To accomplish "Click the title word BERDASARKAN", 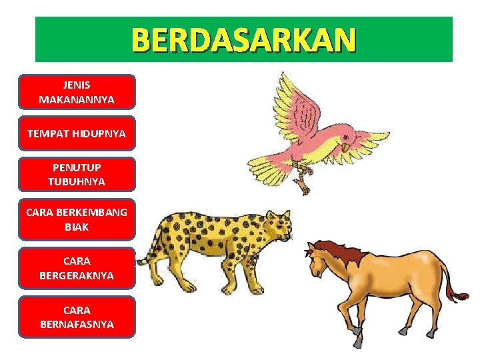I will pyautogui.click(x=243, y=40).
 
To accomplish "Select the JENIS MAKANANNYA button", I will pyautogui.click(x=77, y=92).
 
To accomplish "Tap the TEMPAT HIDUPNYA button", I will pyautogui.click(x=77, y=133).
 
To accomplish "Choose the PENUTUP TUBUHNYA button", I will pyautogui.click(x=77, y=175).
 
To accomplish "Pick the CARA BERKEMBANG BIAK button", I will pyautogui.click(x=77, y=219).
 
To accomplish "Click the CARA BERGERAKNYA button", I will pyautogui.click(x=77, y=267).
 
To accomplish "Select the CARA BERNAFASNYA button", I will pyautogui.click(x=77, y=317).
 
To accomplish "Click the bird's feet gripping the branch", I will pyautogui.click(x=304, y=178).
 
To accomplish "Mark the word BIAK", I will pyautogui.click(x=77, y=227).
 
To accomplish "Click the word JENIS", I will pyautogui.click(x=77, y=85).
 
